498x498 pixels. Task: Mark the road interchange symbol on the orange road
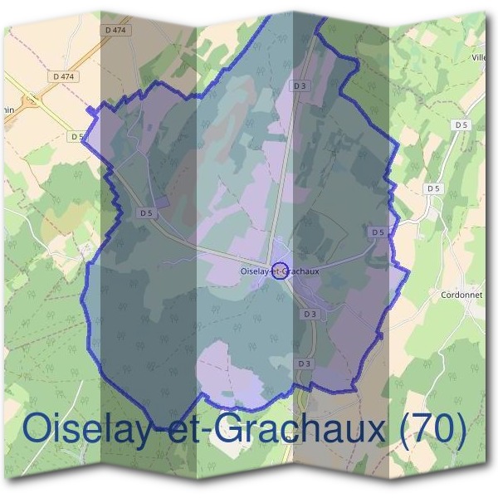tap(32, 100)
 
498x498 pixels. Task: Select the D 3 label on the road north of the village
tap(300, 85)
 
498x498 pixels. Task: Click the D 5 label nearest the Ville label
tap(461, 124)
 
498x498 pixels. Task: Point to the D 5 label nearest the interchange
tap(77, 136)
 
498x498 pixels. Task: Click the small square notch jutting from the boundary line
tap(90, 110)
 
